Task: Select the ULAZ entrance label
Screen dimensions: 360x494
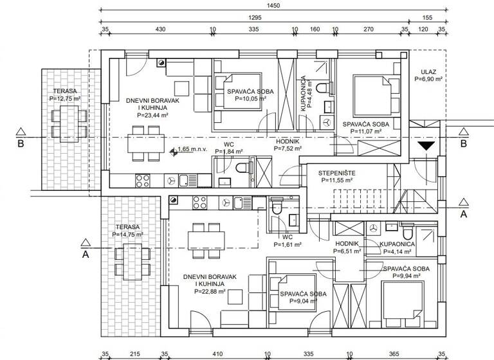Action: pyautogui.click(x=429, y=72)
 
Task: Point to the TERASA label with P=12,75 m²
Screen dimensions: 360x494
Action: pyautogui.click(x=66, y=91)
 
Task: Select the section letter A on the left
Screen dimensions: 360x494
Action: pyautogui.click(x=84, y=254)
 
